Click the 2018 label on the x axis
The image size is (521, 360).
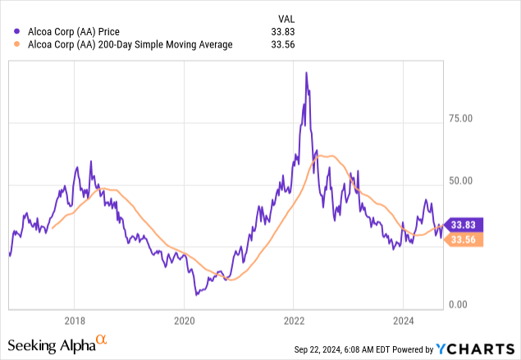[x=74, y=321]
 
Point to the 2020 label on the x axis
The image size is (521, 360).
[x=184, y=321]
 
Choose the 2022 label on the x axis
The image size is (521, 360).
[x=294, y=321]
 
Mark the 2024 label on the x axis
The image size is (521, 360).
[x=404, y=321]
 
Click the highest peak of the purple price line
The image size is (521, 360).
[x=306, y=73]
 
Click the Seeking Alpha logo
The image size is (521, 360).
[x=57, y=343]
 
